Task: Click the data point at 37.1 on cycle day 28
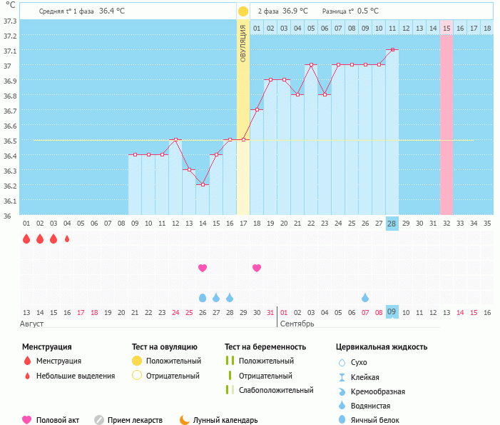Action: point(392,49)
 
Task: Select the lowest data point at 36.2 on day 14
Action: point(203,184)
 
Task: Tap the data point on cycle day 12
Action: point(175,139)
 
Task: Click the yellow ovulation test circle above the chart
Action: point(243,11)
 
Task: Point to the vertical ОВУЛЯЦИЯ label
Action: point(243,44)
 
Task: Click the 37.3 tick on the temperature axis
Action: point(10,21)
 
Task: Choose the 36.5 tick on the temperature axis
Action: point(10,141)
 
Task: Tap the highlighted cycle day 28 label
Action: point(392,224)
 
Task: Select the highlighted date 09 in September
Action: point(392,311)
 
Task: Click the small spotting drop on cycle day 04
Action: point(67,239)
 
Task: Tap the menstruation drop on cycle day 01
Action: point(26,239)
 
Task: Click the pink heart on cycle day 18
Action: point(257,268)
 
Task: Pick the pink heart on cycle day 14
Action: point(203,268)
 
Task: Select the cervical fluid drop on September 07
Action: point(365,298)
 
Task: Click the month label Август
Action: point(32,324)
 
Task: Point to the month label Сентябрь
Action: point(297,324)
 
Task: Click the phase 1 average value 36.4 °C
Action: point(112,11)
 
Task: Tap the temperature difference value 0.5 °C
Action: point(368,11)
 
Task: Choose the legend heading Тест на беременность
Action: point(265,346)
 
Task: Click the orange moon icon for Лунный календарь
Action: point(184,420)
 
